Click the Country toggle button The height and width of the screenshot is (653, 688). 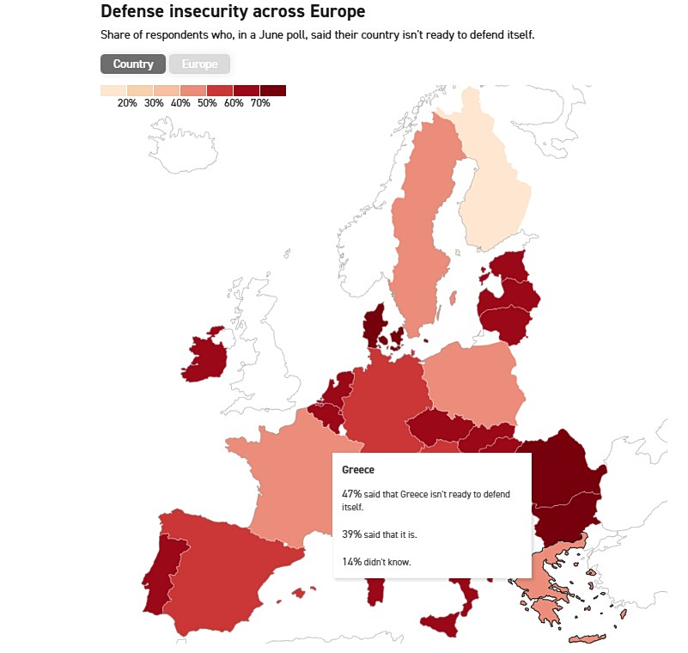click(133, 64)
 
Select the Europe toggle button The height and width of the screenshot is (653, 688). click(199, 64)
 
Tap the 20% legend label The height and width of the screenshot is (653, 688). click(127, 103)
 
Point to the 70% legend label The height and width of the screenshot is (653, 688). click(260, 103)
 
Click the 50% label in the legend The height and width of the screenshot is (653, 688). click(207, 103)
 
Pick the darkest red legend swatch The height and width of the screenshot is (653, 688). click(273, 90)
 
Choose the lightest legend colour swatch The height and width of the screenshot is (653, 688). click(113, 90)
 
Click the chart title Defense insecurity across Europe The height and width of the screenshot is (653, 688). click(233, 11)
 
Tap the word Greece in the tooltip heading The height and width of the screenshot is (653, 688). click(358, 470)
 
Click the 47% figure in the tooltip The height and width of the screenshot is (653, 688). click(352, 494)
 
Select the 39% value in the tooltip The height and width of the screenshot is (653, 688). click(352, 534)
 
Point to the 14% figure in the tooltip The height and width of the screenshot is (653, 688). click(352, 562)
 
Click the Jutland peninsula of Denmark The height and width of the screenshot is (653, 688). click(374, 325)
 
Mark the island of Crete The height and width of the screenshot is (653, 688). click(588, 638)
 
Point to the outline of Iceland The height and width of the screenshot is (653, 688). click(182, 145)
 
